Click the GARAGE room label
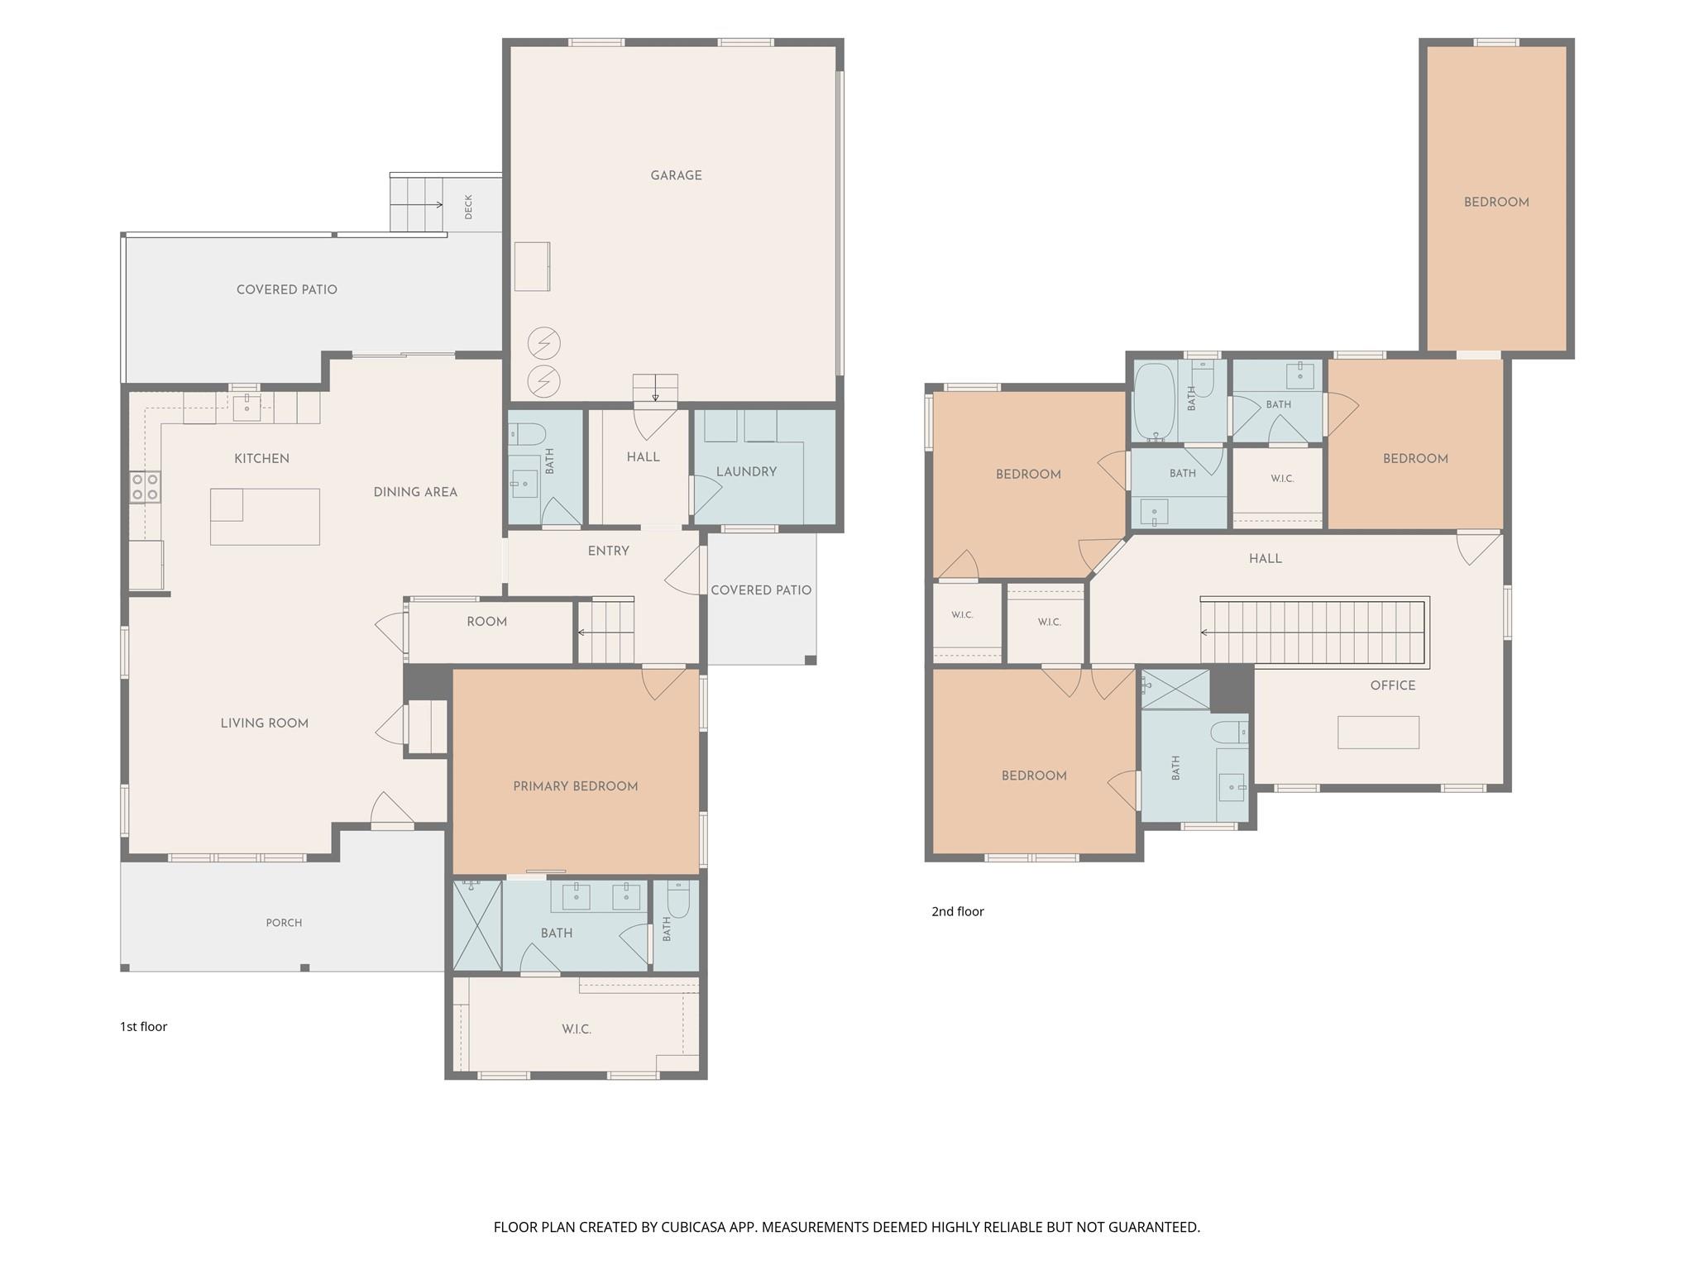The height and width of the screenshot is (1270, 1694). (x=676, y=175)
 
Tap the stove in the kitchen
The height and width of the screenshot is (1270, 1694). (x=145, y=487)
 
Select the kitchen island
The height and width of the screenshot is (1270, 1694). (x=265, y=517)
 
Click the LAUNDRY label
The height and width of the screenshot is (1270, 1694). (x=746, y=471)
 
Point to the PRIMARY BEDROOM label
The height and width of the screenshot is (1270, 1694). (x=576, y=786)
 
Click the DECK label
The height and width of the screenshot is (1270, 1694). (x=469, y=207)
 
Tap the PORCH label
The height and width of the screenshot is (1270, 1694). (x=284, y=923)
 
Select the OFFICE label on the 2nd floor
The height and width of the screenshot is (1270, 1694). (x=1393, y=685)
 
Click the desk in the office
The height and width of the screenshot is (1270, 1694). (x=1378, y=733)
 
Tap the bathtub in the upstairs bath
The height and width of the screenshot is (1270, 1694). (x=1154, y=402)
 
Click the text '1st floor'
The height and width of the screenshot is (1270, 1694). (x=144, y=1026)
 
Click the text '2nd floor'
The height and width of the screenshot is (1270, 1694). (x=958, y=911)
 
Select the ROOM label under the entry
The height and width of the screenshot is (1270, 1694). (x=486, y=622)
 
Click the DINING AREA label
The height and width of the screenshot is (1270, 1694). (x=415, y=492)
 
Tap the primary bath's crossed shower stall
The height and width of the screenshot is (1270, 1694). (x=477, y=926)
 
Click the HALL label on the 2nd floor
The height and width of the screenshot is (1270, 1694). (x=1266, y=559)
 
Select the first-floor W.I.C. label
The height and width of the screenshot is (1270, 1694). (x=577, y=1029)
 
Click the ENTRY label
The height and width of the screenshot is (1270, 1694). (x=609, y=551)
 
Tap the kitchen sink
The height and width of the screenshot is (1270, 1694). (x=246, y=404)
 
